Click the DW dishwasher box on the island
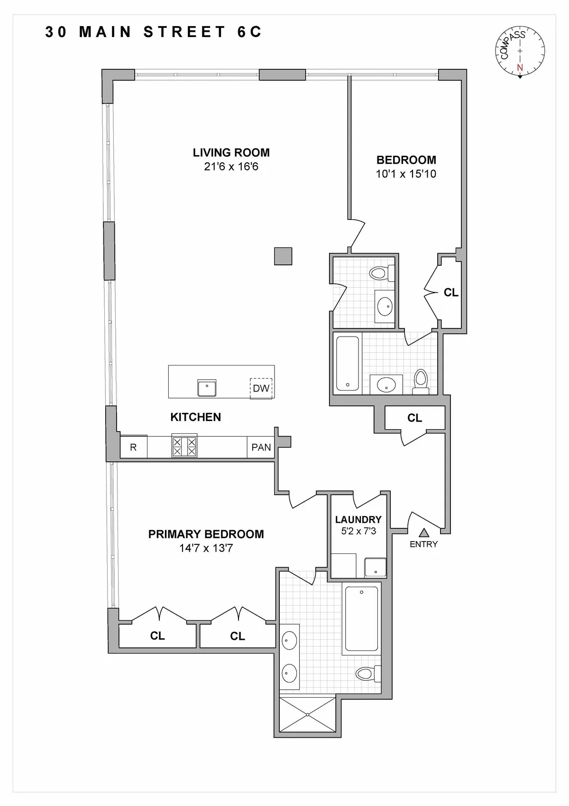[x=261, y=388]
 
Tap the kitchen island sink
[x=207, y=388]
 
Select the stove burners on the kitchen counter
[x=184, y=447]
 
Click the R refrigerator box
[x=133, y=447]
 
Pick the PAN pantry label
[x=261, y=447]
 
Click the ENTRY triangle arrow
[x=423, y=533]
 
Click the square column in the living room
[x=283, y=256]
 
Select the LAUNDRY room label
[x=358, y=519]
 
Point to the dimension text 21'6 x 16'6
[x=231, y=167]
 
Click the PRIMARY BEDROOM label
[x=206, y=534]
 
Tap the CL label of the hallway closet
[x=414, y=418]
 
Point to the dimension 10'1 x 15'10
[x=406, y=174]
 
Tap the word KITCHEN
[x=195, y=417]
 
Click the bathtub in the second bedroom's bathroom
[x=348, y=363]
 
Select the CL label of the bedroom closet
[x=451, y=292]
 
